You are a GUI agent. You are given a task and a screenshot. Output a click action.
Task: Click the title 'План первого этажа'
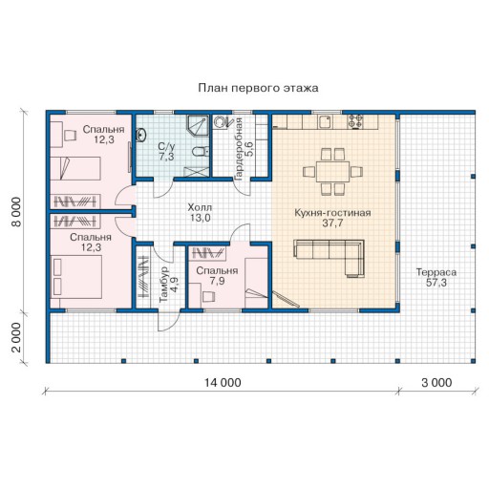[x=258, y=88]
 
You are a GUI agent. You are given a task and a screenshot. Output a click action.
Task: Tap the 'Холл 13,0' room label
[x=200, y=213]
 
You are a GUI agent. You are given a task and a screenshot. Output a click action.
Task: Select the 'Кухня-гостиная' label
[x=332, y=213]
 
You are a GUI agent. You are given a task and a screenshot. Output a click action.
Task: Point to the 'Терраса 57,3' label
[x=436, y=277]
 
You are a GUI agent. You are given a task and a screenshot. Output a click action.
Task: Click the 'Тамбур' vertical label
[x=163, y=285]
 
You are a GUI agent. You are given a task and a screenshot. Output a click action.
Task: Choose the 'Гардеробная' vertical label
[x=239, y=149]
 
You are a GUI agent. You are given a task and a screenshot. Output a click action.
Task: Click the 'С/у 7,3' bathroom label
[x=166, y=151]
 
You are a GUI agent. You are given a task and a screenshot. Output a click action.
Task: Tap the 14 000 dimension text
[x=223, y=382]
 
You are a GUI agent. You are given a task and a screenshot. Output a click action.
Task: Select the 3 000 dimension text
[x=436, y=382]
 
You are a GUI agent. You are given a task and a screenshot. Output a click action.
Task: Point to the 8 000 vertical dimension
[x=16, y=212]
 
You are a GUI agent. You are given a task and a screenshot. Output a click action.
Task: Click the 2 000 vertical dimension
[x=16, y=338]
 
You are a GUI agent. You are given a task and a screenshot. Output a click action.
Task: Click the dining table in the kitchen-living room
[x=332, y=172]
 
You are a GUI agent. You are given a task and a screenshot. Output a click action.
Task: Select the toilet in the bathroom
[x=201, y=152]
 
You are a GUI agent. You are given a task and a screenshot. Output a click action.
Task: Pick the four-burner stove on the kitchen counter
[x=355, y=121]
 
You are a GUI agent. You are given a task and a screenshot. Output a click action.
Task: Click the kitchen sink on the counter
[x=326, y=121]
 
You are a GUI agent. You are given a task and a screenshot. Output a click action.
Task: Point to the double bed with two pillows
[x=76, y=277]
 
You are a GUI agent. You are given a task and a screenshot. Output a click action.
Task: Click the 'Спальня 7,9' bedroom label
[x=217, y=276]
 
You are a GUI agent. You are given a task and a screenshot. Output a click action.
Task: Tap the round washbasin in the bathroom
[x=141, y=135]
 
